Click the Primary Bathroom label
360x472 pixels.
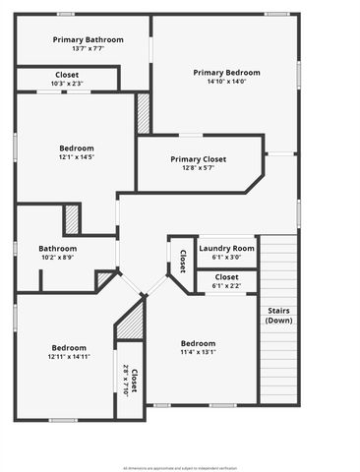pos(82,39)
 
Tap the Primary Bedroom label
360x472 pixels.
pos(226,73)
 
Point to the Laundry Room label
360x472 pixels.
pos(226,248)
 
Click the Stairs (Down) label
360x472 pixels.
pos(278,315)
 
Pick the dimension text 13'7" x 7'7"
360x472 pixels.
pos(82,48)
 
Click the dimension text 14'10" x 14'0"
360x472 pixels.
pos(226,83)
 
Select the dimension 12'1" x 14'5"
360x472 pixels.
pos(75,157)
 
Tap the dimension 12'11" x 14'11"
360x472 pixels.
pos(70,357)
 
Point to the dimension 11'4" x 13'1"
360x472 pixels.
pos(199,353)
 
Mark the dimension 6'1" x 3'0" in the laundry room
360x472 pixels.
pos(226,258)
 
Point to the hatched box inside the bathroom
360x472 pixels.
pos(72,218)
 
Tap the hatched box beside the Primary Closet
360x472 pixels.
pos(144,113)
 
